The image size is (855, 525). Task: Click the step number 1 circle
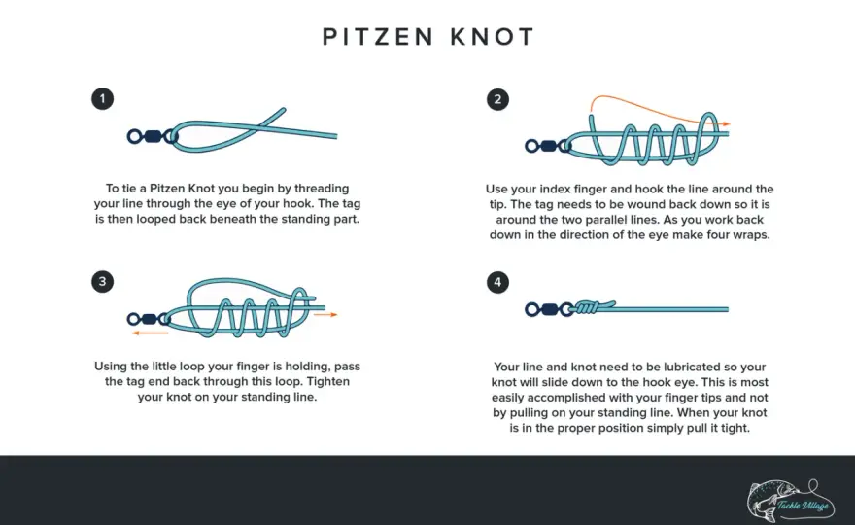pos(103,99)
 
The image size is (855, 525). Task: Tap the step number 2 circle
pos(497,99)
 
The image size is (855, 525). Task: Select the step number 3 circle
pos(103,282)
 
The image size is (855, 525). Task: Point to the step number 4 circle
pos(497,282)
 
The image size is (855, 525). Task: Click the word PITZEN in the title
pos(378,37)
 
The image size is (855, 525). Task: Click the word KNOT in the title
pos(493,37)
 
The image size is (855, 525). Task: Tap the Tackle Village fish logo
pos(790,500)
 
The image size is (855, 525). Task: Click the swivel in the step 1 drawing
pos(153,136)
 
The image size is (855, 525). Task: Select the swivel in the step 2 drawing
pos(548,146)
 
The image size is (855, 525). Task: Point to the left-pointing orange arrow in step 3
pos(151,332)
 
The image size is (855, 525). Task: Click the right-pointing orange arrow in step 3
pos(325,314)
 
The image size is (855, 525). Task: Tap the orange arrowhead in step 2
pos(726,124)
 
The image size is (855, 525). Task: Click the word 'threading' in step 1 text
pos(322,189)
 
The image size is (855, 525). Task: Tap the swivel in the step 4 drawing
pos(548,309)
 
